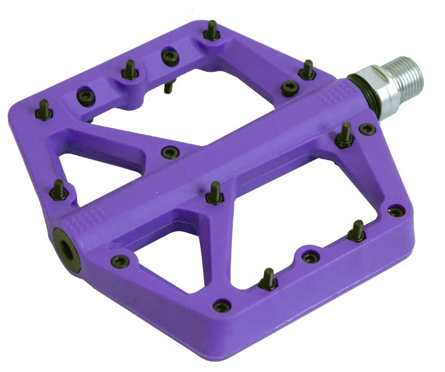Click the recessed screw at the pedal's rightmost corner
point(396,211)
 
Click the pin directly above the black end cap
point(59,190)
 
